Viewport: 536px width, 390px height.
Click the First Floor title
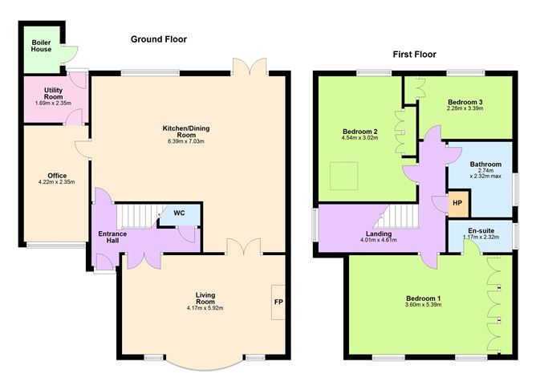[415, 55]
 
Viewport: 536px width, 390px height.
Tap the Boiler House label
[42, 46]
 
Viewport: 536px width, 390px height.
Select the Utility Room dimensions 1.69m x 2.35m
[53, 103]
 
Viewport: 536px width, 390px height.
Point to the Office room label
[56, 176]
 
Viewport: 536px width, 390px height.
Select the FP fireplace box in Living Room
[278, 302]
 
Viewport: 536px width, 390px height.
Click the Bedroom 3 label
[465, 103]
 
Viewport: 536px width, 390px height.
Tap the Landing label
[380, 234]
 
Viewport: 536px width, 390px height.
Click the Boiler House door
[71, 53]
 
